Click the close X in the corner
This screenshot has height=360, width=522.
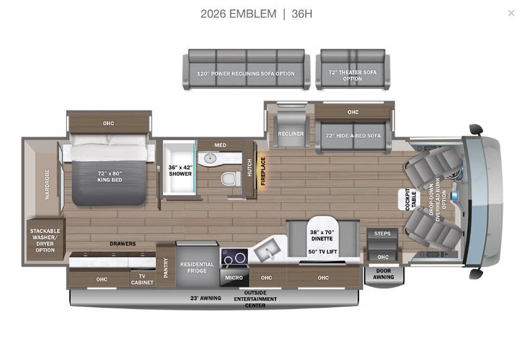click(x=511, y=13)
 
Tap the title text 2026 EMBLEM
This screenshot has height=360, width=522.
click(x=238, y=14)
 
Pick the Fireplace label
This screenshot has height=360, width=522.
click(x=263, y=171)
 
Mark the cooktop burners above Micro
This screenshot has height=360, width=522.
click(x=234, y=257)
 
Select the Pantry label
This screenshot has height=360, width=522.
click(x=166, y=267)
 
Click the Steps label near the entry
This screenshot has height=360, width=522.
click(x=382, y=234)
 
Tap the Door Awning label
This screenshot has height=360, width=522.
click(x=383, y=274)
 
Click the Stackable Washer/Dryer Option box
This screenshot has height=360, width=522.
click(x=45, y=240)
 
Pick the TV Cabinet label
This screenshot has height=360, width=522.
click(x=142, y=279)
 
